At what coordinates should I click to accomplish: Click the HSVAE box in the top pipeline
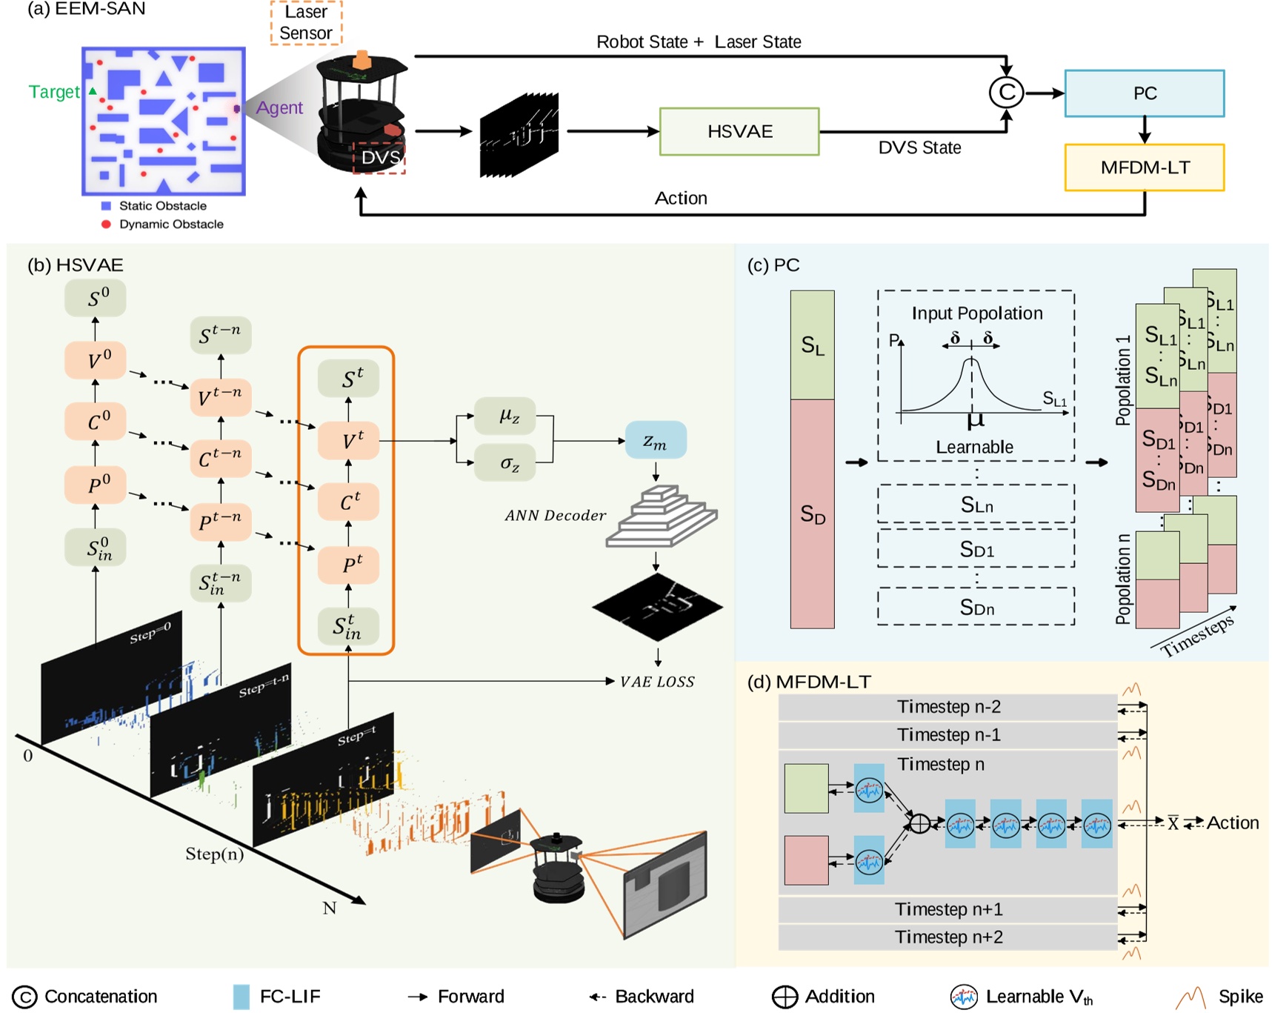tap(739, 131)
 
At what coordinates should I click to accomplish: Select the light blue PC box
tap(1144, 93)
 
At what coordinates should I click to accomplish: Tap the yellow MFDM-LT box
tap(1144, 167)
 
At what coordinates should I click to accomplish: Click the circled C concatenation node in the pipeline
tap(1006, 93)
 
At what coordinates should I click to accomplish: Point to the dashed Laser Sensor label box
tap(306, 23)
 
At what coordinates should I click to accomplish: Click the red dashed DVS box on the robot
tap(379, 158)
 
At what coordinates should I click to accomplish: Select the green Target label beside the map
tap(53, 92)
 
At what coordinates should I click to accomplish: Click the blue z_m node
tap(655, 441)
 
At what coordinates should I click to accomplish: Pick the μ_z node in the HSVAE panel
tap(509, 416)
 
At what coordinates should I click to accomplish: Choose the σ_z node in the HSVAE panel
tap(509, 464)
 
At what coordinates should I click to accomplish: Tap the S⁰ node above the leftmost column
tap(95, 298)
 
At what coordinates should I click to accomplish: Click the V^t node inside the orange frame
tap(349, 441)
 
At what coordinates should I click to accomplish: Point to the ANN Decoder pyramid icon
tap(661, 517)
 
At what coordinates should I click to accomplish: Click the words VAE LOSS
tap(657, 682)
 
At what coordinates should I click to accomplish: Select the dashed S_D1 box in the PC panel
tap(976, 549)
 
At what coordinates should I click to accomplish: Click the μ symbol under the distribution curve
tap(975, 421)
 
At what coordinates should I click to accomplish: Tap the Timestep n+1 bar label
tap(948, 909)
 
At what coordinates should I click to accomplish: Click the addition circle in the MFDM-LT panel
tap(919, 823)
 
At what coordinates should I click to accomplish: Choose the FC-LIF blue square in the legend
tap(242, 997)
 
